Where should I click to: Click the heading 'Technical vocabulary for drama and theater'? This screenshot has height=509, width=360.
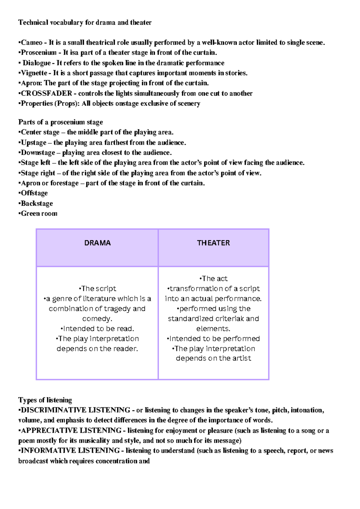tap(85, 22)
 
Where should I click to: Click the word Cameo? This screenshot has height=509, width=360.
tap(31, 43)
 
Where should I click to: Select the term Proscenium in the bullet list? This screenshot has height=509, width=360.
tap(39, 53)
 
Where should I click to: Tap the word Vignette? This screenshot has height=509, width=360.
tap(34, 73)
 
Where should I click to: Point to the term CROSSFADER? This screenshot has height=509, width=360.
tap(46, 93)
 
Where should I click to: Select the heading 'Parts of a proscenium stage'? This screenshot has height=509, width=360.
tap(60, 122)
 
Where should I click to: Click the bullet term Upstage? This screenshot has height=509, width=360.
tap(34, 142)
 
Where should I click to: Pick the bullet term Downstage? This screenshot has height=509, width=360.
tap(38, 153)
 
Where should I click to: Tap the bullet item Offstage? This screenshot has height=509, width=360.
tap(34, 193)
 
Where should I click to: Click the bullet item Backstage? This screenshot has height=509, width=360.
tap(37, 203)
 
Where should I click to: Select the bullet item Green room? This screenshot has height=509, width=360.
tap(39, 213)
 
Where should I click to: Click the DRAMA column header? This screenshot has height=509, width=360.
tap(97, 243)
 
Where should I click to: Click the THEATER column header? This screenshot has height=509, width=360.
tap(213, 243)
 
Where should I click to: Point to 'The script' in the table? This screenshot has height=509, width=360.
tap(97, 288)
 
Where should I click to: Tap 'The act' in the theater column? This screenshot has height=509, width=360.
tap(213, 278)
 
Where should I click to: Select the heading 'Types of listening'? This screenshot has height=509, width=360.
tap(45, 400)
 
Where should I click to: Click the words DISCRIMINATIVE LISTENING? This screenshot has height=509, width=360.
tap(75, 410)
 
